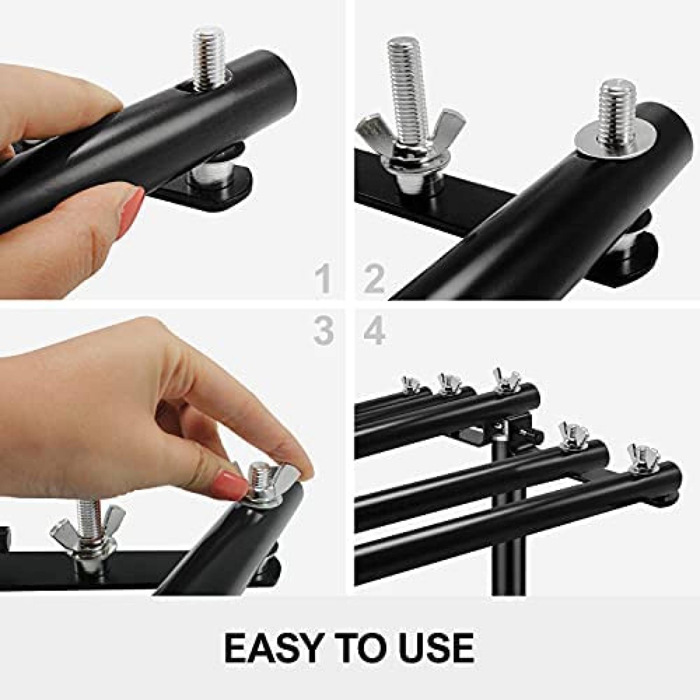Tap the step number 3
(324, 331)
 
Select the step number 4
(374, 331)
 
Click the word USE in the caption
(431, 646)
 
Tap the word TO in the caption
(359, 646)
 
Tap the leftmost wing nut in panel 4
(410, 383)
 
